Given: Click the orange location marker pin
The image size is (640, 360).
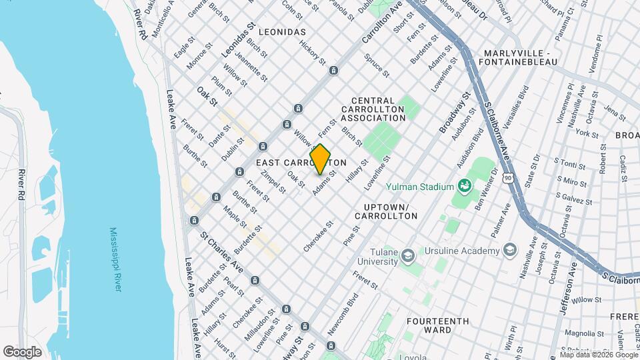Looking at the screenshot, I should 321,159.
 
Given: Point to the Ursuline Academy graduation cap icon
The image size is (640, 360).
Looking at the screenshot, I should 511,250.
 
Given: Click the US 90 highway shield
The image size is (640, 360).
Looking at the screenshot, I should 509,178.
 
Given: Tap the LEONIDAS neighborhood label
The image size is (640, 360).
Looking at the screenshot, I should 282,31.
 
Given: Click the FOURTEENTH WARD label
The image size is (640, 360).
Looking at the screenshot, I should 437,325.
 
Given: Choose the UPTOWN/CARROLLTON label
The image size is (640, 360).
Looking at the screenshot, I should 386,211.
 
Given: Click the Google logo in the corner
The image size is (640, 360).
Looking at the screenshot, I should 22,351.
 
